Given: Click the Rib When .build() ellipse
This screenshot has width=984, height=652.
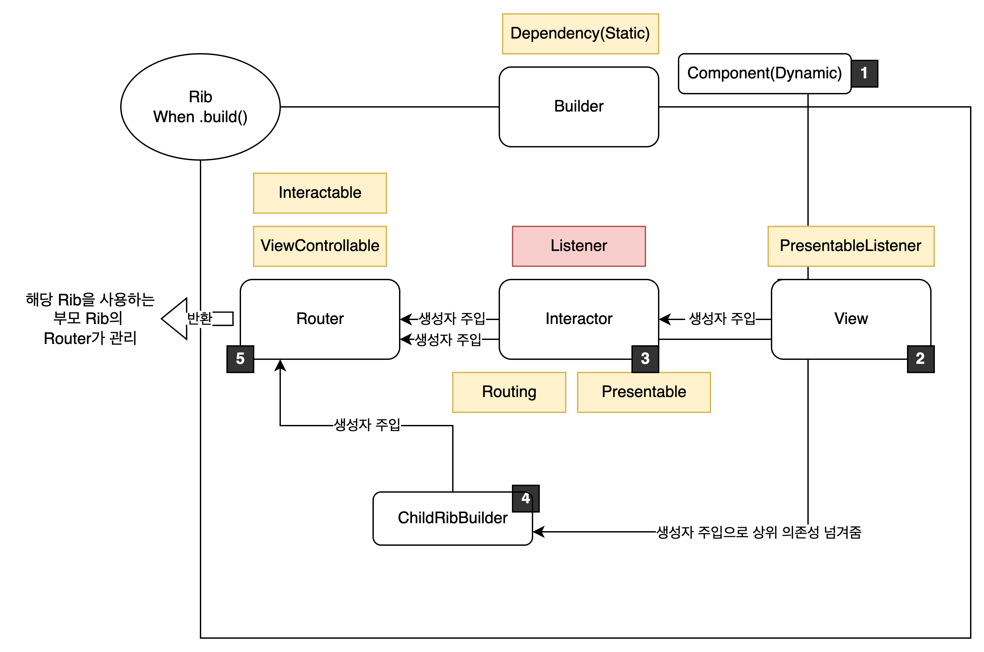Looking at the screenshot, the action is pyautogui.click(x=201, y=107).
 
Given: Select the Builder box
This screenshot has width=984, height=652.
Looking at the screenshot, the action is pyautogui.click(x=579, y=107).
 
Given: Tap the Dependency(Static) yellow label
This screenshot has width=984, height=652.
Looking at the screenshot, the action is pyautogui.click(x=580, y=34).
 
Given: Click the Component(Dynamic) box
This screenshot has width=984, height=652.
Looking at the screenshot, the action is pyautogui.click(x=765, y=74).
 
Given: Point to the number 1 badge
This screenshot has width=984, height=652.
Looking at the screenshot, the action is pyautogui.click(x=864, y=74).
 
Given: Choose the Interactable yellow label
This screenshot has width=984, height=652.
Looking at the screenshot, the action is pyautogui.click(x=320, y=193).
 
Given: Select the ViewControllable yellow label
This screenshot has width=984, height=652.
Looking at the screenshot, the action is pyautogui.click(x=320, y=246).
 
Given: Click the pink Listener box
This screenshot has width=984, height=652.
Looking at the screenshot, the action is pyautogui.click(x=579, y=246).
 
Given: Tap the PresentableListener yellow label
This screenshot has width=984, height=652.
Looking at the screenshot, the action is pyautogui.click(x=851, y=246).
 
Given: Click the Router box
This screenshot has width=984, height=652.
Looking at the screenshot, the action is pyautogui.click(x=320, y=319).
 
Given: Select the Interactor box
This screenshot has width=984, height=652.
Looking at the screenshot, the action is pyautogui.click(x=579, y=319).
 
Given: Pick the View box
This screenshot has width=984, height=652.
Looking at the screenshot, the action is pyautogui.click(x=851, y=319).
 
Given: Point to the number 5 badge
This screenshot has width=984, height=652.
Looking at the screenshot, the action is pyautogui.click(x=240, y=359).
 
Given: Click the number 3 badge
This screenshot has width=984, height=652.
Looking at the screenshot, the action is pyautogui.click(x=645, y=359).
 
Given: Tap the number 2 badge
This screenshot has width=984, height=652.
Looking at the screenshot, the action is pyautogui.click(x=920, y=359).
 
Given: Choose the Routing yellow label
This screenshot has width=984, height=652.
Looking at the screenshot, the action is pyautogui.click(x=509, y=392).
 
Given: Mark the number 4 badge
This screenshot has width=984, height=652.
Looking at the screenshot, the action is pyautogui.click(x=526, y=498).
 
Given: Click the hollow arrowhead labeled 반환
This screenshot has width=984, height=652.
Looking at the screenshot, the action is pyautogui.click(x=175, y=319).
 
